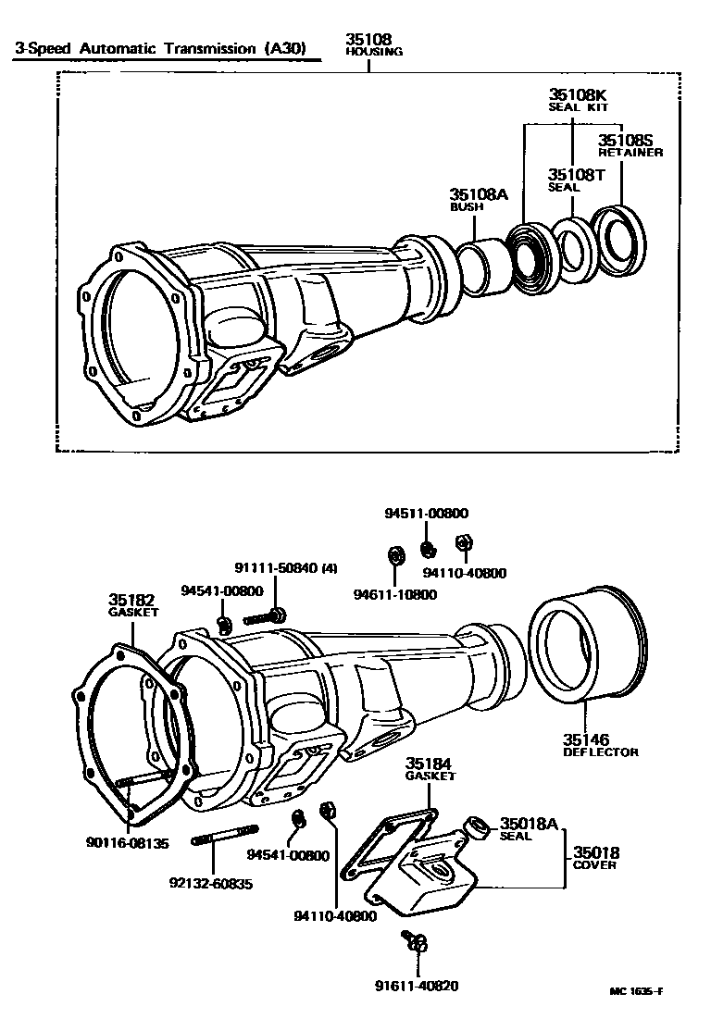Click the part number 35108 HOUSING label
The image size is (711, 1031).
pos(373,45)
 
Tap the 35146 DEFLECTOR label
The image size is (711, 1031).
pos(600,745)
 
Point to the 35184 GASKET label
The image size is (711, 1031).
pos(430,769)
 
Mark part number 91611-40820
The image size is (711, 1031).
pos(417,986)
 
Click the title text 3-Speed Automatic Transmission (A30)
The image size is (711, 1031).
pos(159,48)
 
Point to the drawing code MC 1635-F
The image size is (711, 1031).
pos(635,991)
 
